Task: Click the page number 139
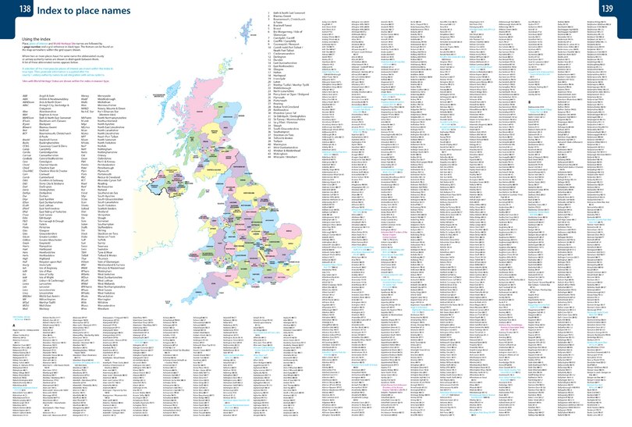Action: pyautogui.click(x=620, y=9)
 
